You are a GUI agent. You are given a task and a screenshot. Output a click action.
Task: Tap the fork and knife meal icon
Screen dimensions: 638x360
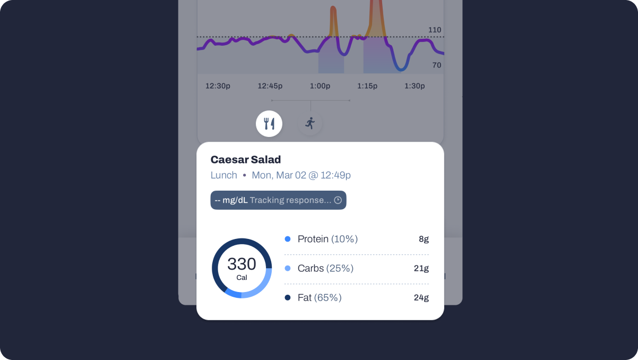tap(269, 124)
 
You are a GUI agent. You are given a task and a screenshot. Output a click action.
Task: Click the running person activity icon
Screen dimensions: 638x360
tap(310, 123)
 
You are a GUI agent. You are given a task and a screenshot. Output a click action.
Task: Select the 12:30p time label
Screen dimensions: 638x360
tap(218, 86)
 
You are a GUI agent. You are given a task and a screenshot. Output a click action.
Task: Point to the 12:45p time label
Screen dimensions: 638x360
tap(270, 86)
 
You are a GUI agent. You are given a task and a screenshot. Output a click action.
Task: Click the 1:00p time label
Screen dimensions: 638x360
tap(320, 86)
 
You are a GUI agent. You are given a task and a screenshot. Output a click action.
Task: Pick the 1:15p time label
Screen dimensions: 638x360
tap(367, 86)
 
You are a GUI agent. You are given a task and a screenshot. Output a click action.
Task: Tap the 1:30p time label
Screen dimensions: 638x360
tap(415, 86)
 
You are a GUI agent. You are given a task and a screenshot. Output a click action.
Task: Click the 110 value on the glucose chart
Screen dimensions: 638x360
tap(435, 30)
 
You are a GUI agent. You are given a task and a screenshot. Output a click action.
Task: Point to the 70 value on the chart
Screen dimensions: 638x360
tap(437, 65)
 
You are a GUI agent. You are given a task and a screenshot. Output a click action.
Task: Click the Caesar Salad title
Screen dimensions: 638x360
tap(246, 160)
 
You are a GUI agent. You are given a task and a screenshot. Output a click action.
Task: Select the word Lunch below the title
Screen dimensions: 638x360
tap(223, 175)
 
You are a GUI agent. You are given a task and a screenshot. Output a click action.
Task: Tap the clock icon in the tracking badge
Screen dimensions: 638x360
tap(338, 200)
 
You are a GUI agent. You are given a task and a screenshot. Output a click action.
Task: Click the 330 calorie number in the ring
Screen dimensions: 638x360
tap(242, 264)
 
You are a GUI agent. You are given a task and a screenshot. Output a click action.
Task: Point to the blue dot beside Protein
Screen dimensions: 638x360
tap(288, 239)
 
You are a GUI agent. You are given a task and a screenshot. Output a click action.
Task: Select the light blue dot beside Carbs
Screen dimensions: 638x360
tap(288, 268)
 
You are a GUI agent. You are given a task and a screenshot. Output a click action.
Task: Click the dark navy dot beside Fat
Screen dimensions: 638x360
tap(288, 297)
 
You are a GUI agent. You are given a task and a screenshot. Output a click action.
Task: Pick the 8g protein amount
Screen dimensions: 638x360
tap(424, 239)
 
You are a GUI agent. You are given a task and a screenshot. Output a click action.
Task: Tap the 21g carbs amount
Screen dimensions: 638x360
tap(421, 269)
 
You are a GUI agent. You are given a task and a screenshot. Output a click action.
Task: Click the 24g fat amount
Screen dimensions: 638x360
tap(421, 298)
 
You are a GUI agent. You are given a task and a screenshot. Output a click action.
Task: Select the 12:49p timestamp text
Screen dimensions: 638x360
tap(335, 175)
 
